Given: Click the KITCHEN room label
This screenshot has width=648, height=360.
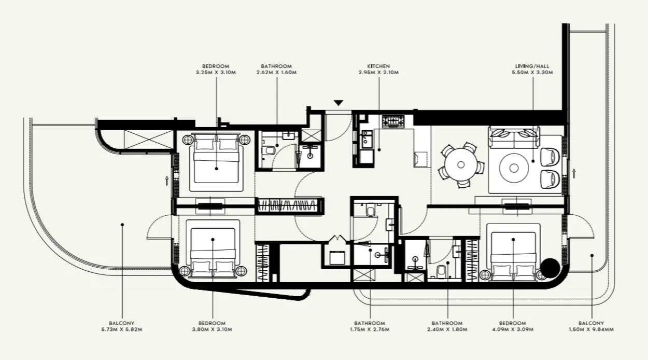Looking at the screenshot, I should click(378, 66).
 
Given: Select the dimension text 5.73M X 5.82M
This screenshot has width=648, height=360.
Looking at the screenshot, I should click(122, 329).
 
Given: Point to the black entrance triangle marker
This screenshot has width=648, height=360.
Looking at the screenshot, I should click(338, 103).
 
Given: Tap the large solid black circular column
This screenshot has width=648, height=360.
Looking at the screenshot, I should click(550, 268).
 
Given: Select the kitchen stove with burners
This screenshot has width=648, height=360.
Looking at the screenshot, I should click(393, 122).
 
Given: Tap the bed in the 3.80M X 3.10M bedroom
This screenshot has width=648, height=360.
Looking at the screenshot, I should click(213, 247).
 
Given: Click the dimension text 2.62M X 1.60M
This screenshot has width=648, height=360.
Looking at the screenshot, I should click(276, 73).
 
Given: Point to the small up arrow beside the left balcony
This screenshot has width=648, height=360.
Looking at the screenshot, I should click(166, 180).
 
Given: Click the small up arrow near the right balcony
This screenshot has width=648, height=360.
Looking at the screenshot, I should click(574, 172).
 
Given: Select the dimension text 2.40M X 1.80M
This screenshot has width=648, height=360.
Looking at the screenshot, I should click(447, 329).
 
